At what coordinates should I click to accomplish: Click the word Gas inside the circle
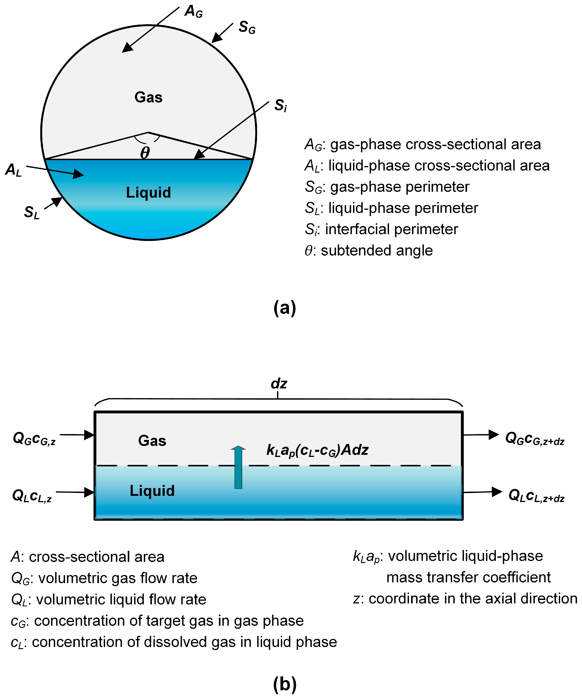point(148,97)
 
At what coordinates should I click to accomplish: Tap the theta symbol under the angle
point(145,153)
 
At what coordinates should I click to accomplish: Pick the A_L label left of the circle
point(13,170)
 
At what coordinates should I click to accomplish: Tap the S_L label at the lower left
point(32,212)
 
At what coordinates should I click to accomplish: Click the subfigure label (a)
point(284,307)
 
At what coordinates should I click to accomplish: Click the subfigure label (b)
point(284,684)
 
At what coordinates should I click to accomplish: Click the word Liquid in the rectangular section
point(152,491)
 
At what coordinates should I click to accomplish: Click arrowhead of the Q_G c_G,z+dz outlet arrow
point(494,434)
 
